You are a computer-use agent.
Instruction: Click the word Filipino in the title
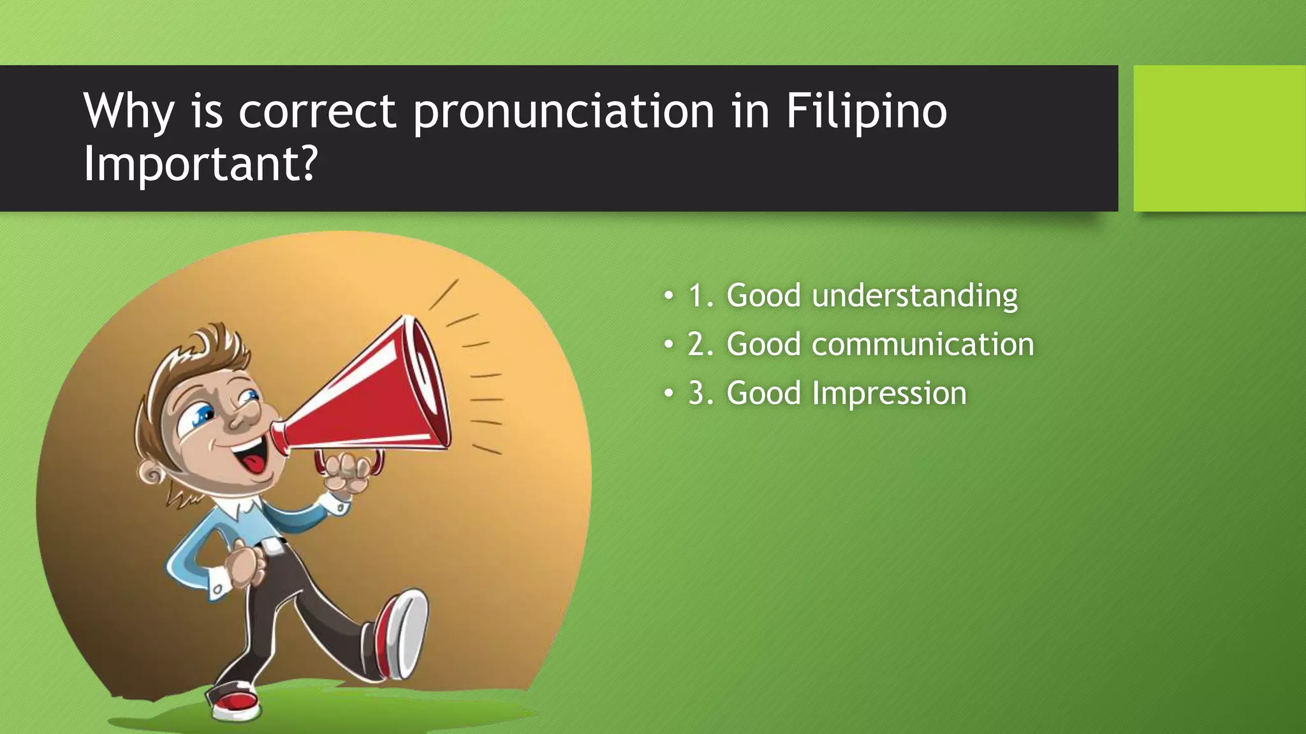pos(866,112)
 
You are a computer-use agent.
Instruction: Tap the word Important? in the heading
pos(200,164)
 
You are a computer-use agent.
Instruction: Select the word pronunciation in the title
pos(564,112)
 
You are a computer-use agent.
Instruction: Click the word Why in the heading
pos(128,112)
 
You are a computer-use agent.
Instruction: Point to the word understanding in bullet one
pos(914,296)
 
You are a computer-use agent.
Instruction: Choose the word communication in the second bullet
pos(922,345)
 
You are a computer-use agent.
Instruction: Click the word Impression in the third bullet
pos(889,393)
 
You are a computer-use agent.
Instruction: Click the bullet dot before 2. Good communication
pos(668,345)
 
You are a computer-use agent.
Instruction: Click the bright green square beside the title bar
pos(1219,138)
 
